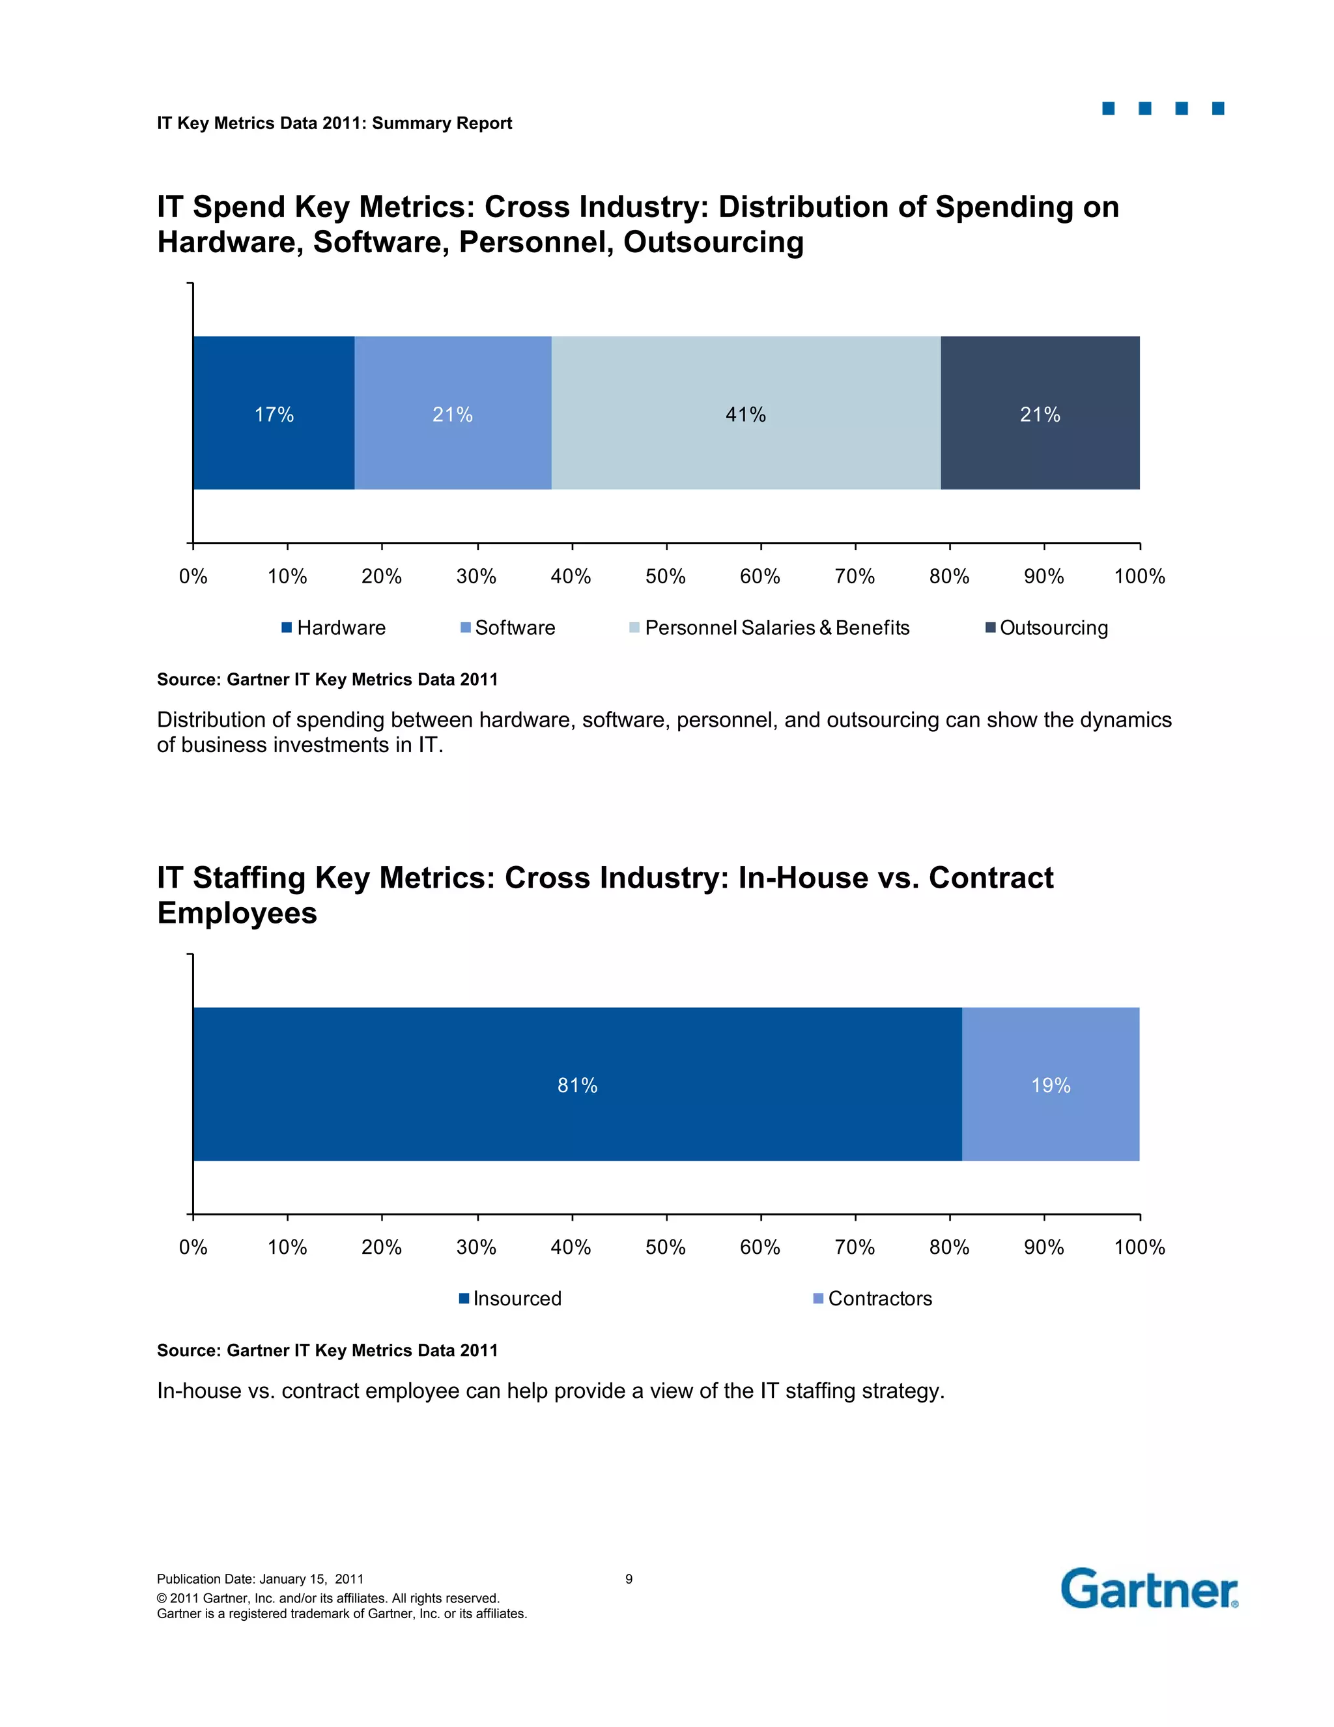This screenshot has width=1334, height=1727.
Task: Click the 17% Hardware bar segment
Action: [274, 413]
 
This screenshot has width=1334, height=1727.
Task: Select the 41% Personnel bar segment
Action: [745, 413]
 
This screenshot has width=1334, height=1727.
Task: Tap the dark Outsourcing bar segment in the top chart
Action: [1039, 413]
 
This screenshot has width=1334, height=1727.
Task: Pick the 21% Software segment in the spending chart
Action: [452, 413]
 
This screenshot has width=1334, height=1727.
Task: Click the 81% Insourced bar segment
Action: [577, 1084]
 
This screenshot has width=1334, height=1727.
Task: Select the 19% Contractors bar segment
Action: [1050, 1084]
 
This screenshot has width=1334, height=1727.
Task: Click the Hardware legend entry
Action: [333, 627]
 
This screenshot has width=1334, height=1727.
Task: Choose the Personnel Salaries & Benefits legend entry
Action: [769, 627]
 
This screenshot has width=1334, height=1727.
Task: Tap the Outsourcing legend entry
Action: [1046, 627]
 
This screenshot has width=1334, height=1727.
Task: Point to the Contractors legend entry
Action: [872, 1298]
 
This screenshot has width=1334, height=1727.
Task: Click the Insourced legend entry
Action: [510, 1298]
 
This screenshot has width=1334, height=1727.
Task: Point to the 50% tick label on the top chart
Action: [666, 577]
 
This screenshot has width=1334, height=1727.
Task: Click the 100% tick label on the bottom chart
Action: [1139, 1248]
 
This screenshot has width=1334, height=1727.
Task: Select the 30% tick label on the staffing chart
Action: [477, 1248]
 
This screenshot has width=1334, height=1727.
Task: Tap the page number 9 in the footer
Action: [629, 1579]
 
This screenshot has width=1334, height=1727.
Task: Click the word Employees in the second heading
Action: [237, 913]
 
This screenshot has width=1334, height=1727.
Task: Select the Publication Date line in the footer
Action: [260, 1579]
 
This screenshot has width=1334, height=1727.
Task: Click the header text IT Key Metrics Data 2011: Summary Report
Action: [334, 123]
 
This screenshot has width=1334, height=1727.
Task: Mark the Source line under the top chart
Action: [327, 679]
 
